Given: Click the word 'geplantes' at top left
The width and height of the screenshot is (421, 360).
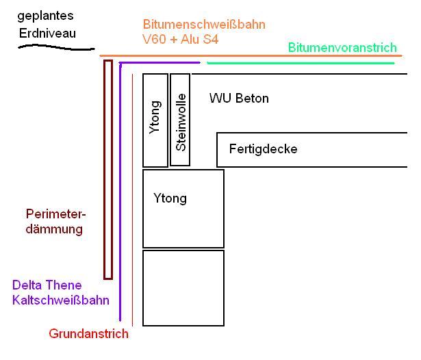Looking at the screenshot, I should pos(45,15).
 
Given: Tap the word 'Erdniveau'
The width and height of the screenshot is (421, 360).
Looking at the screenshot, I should pos(47,32).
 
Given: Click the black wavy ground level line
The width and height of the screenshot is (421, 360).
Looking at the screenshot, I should pos(55,47).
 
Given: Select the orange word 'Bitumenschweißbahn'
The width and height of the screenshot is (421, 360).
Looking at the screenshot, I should pos(204,25).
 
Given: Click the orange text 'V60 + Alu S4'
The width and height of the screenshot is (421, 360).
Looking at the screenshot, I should pos(181,40).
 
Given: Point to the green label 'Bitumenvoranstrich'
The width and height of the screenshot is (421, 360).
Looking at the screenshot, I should pos(342,47).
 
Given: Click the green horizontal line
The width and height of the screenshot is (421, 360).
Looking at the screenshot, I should pos(301,63).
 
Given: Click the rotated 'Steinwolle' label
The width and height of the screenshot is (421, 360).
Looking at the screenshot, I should pos(181,120).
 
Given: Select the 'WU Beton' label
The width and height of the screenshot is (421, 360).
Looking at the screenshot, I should pos(239,99).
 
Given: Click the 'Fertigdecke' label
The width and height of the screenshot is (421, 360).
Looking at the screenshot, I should pos(264,149).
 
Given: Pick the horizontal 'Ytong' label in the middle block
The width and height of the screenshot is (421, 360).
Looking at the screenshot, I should pos(170,198).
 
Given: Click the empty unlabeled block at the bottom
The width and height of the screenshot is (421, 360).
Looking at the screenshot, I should pos(183,287).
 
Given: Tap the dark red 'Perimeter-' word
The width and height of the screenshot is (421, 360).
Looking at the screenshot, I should pos(54,214).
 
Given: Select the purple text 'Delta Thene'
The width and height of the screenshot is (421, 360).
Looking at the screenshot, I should pos(47,285).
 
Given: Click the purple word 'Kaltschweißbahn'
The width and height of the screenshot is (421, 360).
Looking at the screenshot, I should pos(61,300).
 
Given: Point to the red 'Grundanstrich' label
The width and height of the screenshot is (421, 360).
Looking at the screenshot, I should pos(89,334).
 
